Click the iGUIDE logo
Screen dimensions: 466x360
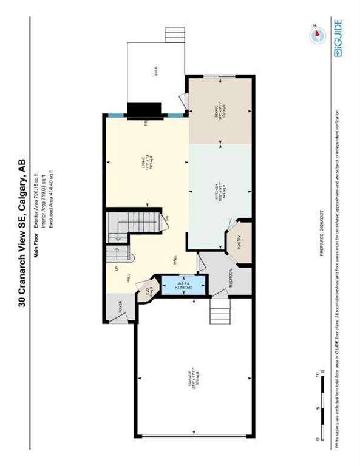(338, 38)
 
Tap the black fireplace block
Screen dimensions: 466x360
(144, 110)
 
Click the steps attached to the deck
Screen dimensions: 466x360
(174, 35)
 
